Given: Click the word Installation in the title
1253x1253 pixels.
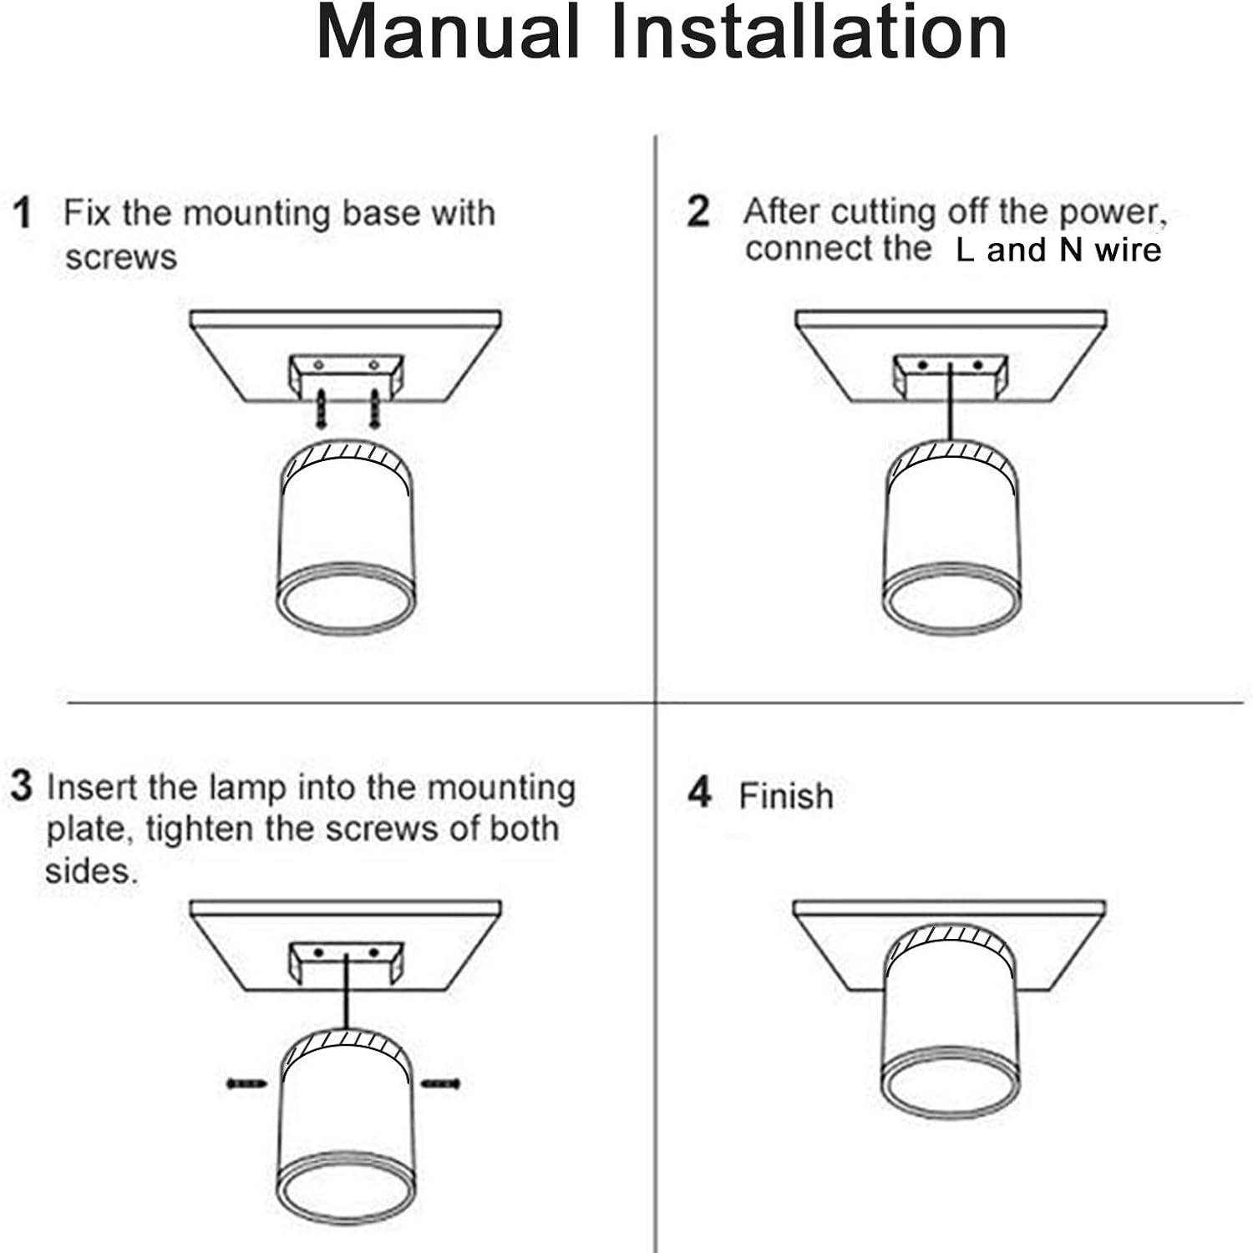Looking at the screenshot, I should (x=809, y=33).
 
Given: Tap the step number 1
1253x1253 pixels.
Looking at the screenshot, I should (x=23, y=213).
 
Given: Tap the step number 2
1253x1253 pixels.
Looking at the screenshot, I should (x=698, y=211).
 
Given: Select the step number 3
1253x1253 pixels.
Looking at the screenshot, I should (x=21, y=787).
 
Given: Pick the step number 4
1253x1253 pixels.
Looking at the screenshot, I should (x=699, y=793).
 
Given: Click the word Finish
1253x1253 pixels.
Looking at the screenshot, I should (x=786, y=796).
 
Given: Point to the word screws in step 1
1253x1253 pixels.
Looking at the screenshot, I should (x=121, y=257).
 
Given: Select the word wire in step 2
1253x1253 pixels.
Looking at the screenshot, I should (x=1128, y=251).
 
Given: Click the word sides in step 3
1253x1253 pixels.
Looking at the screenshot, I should (x=90, y=871).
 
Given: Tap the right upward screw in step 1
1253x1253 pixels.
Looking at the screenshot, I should (x=375, y=408).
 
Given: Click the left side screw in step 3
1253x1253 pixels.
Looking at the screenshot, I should (x=246, y=1083).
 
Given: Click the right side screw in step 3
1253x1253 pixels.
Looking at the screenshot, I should (x=440, y=1083).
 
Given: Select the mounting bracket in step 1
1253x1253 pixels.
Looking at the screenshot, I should (x=346, y=375).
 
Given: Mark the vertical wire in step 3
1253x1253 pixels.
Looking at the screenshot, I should (x=345, y=994).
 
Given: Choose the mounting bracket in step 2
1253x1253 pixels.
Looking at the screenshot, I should (x=951, y=376).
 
